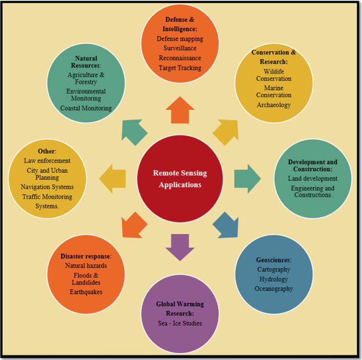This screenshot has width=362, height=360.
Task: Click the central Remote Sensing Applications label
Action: (180, 179)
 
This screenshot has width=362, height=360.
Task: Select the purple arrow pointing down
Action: (180, 247)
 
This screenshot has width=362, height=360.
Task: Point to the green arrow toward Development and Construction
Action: (247, 178)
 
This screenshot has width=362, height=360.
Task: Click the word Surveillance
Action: (180, 48)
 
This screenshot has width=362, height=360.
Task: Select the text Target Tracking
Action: (180, 68)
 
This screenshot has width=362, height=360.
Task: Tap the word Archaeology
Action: (274, 105)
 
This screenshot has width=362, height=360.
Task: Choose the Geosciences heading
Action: (274, 260)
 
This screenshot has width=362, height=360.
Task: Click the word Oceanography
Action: (274, 289)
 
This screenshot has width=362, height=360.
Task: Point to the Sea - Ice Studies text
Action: (180, 324)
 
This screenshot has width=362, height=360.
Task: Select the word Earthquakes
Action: (86, 292)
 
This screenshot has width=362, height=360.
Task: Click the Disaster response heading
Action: (86, 256)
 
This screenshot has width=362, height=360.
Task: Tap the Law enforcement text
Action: (47, 160)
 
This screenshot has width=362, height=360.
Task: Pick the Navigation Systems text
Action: (47, 187)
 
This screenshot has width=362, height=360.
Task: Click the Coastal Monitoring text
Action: (86, 108)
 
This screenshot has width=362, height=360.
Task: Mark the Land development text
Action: (313, 179)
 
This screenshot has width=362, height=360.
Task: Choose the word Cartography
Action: (274, 270)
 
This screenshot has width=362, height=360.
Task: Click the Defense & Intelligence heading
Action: (180, 25)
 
